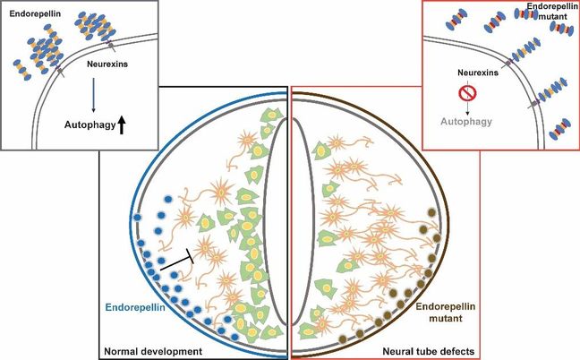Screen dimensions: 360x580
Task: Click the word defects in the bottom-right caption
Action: [456, 348]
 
